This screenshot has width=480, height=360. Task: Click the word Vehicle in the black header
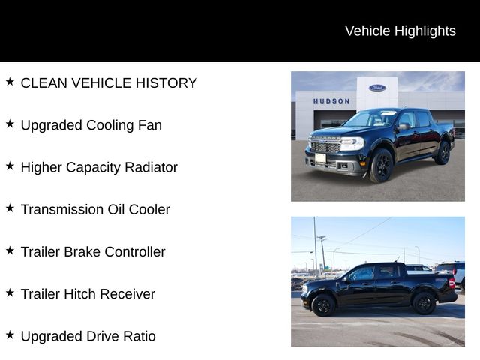point(367,31)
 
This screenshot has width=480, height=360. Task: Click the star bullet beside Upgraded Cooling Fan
point(10,124)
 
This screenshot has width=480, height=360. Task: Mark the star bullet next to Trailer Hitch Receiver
point(10,292)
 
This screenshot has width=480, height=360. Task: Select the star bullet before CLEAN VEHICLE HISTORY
point(10,82)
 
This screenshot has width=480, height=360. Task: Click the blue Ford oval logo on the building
point(376,88)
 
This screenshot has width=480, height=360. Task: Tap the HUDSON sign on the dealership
point(331,100)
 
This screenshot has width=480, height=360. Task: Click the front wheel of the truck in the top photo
point(381,165)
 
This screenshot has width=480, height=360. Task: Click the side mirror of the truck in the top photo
point(403,126)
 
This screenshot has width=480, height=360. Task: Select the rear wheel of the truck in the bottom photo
point(424,303)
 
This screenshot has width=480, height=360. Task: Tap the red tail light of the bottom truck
point(452,283)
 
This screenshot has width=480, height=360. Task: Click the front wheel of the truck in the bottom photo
point(323,304)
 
